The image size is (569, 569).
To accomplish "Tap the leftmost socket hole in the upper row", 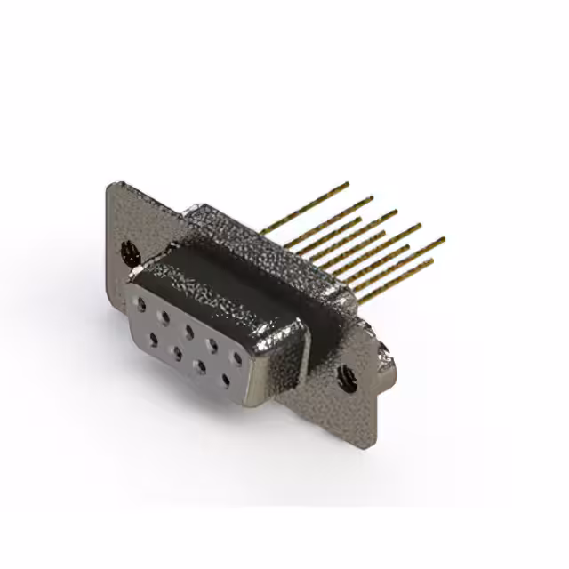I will click(140, 304).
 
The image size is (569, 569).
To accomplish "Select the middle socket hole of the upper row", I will click(188, 329).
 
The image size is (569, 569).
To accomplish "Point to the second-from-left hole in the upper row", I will click(164, 316).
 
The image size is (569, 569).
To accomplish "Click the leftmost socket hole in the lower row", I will click(153, 339).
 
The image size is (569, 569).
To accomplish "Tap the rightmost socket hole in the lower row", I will click(226, 381).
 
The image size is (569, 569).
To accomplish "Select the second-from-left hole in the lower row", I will click(177, 352).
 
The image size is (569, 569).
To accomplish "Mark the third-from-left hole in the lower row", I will click(202, 365).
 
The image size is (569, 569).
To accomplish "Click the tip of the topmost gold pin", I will click(348, 184).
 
